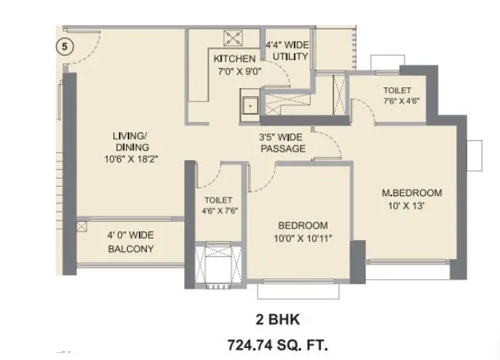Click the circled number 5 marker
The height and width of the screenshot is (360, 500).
pyautogui.click(x=65, y=46)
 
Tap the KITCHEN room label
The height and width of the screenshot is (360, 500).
pyautogui.click(x=234, y=59)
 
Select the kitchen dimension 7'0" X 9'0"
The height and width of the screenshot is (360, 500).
pyautogui.click(x=239, y=71)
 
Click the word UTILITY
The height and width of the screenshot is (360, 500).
pyautogui.click(x=291, y=57)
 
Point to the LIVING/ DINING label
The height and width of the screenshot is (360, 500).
pyautogui.click(x=131, y=141)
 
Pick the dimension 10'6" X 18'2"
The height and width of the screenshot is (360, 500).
pyautogui.click(x=131, y=159)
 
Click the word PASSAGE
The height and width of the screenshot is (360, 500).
pyautogui.click(x=283, y=148)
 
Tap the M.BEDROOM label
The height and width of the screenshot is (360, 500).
pyautogui.click(x=412, y=192)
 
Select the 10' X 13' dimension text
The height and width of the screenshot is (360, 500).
pyautogui.click(x=406, y=206)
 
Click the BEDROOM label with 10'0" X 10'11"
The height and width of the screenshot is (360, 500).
pyautogui.click(x=303, y=226)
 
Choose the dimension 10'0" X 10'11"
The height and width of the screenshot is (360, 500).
pyautogui.click(x=303, y=238)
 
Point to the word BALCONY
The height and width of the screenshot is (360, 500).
pyautogui.click(x=131, y=248)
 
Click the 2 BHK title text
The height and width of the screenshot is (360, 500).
pyautogui.click(x=278, y=319)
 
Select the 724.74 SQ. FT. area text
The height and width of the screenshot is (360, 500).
pyautogui.click(x=278, y=345)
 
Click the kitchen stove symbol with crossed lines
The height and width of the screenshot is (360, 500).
pyautogui.click(x=233, y=38)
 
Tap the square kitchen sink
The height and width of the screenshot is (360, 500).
pyautogui.click(x=250, y=105)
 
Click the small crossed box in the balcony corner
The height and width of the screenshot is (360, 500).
pyautogui.click(x=81, y=227)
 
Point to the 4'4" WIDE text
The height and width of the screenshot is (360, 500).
pyautogui.click(x=287, y=44)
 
